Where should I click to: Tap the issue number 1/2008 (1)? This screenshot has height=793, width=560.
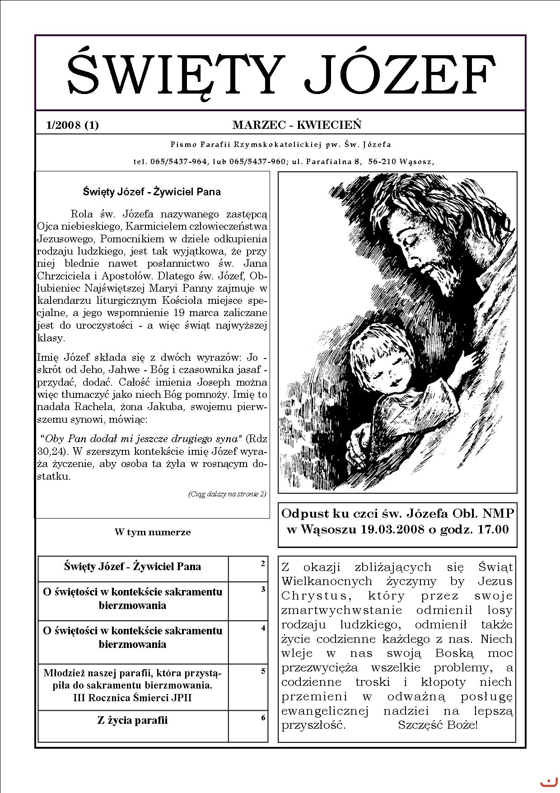[x=72, y=125]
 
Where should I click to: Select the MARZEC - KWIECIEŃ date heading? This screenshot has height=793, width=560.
[x=297, y=125]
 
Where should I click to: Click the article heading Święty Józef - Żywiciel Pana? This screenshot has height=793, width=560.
[x=152, y=192]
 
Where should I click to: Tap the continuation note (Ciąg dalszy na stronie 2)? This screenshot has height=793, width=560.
[x=227, y=494]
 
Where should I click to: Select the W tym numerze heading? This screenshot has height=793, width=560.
[x=153, y=532]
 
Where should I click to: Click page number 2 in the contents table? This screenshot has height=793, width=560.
[x=263, y=563]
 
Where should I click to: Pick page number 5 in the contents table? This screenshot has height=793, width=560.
[x=263, y=671]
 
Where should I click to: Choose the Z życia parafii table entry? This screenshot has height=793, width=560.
[x=132, y=720]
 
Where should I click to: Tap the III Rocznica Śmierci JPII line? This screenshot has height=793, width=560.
[x=132, y=698]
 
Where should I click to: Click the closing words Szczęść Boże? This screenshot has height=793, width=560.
[x=437, y=725]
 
